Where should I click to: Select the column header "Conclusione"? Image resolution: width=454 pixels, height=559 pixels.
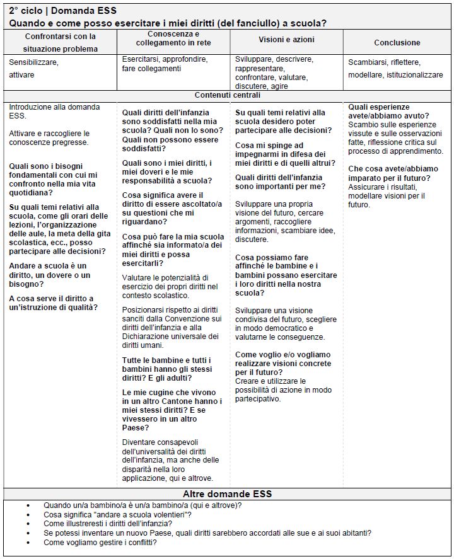tap(397, 43)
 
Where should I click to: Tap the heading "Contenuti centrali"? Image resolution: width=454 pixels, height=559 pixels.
tap(227, 95)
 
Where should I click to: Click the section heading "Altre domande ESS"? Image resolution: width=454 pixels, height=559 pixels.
tap(227, 493)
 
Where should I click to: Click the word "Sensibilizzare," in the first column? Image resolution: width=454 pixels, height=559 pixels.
tap(33, 63)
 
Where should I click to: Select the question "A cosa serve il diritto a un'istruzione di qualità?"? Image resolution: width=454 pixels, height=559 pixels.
tap(51, 303)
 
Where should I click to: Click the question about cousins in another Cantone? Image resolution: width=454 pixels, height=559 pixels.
tap(172, 410)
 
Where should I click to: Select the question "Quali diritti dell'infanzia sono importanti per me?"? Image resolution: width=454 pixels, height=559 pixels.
tap(280, 182)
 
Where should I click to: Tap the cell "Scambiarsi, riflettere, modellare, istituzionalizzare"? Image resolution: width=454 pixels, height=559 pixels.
tap(395, 69)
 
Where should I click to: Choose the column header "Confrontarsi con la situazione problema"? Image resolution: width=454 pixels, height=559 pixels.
tap(61, 42)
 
